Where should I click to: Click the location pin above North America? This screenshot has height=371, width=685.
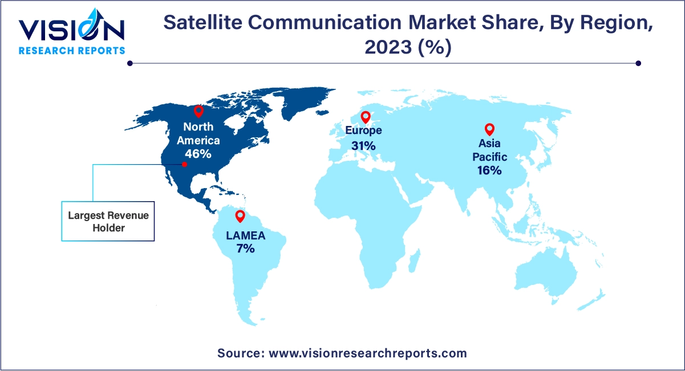pyautogui.click(x=198, y=111)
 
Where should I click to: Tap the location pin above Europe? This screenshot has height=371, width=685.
pyautogui.click(x=366, y=117)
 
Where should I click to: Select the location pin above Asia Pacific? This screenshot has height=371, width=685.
pyautogui.click(x=489, y=130)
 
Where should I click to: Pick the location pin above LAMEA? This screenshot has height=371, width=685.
pyautogui.click(x=240, y=216)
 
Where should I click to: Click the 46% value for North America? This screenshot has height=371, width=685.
pyautogui.click(x=198, y=153)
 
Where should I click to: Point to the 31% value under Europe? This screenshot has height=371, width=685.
pyautogui.click(x=363, y=146)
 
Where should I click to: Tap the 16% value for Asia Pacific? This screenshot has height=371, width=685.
pyautogui.click(x=489, y=170)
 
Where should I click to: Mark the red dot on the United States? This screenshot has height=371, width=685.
pyautogui.click(x=184, y=164)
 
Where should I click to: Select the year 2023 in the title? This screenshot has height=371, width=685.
pyautogui.click(x=387, y=47)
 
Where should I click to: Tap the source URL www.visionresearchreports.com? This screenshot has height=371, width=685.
pyautogui.click(x=367, y=353)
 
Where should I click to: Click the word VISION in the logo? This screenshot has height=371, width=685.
pyautogui.click(x=71, y=29)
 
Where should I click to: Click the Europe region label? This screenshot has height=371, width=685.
pyautogui.click(x=363, y=131)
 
